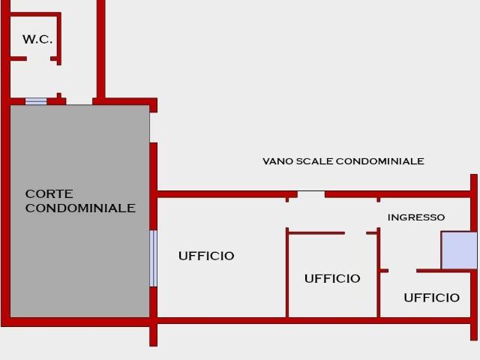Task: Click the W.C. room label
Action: (37, 40)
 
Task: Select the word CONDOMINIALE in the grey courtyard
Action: (80, 208)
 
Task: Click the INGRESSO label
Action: (415, 217)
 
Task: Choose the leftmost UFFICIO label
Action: (206, 256)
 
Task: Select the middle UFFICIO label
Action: (332, 278)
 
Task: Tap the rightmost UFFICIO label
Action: (431, 298)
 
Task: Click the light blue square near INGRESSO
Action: (458, 250)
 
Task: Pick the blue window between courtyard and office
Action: (153, 258)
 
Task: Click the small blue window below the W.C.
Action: (36, 101)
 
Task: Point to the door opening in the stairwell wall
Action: (310, 194)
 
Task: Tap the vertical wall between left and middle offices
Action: (287, 274)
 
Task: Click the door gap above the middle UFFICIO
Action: (355, 233)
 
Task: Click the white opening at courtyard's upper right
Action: (153, 127)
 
